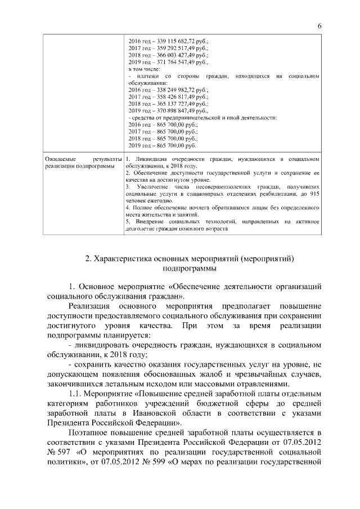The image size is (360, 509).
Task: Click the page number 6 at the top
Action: (319, 26)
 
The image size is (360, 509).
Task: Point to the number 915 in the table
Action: (314, 193)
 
